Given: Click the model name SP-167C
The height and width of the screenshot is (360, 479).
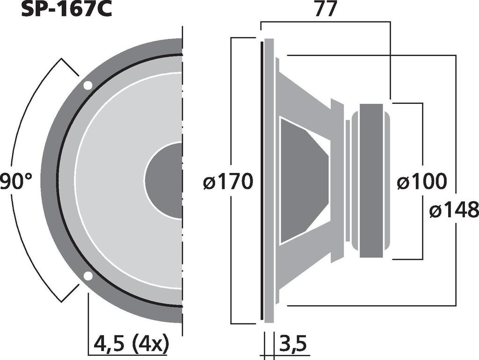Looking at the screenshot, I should coord(66,10).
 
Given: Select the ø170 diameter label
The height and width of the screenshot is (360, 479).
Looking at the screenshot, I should coord(228,181).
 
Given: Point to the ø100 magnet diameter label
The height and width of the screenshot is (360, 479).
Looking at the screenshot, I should coord(421,181).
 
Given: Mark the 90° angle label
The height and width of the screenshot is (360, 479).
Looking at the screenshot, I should coord(16,181).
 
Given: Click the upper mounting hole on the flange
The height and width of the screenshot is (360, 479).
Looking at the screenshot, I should coord(87,86).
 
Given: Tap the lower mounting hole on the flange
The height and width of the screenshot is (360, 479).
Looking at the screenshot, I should coord(87,276).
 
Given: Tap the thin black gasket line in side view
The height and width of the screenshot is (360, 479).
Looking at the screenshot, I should coord(261,180).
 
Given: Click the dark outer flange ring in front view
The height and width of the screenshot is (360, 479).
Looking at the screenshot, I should coord(49,180).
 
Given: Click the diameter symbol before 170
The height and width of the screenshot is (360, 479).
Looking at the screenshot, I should coord(210,182).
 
